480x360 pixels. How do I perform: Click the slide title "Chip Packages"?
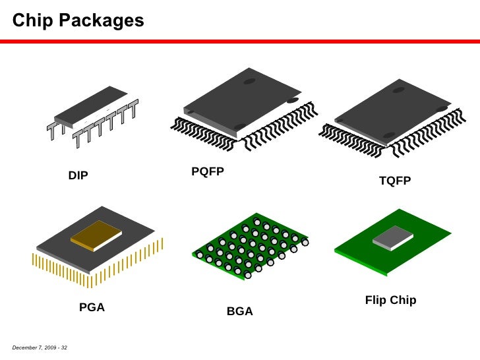tap(78, 20)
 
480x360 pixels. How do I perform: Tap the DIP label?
tap(78, 175)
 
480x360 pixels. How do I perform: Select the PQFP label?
tap(208, 172)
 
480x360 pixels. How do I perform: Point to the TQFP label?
tap(395, 181)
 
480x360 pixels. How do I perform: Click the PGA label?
tap(92, 307)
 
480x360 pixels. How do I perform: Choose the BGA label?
tap(240, 312)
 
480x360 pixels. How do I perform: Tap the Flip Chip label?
tap(390, 301)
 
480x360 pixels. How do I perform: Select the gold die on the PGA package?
tap(96, 234)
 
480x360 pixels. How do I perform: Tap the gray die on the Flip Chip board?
tap(393, 237)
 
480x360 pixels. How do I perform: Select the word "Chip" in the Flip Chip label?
tap(402, 301)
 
